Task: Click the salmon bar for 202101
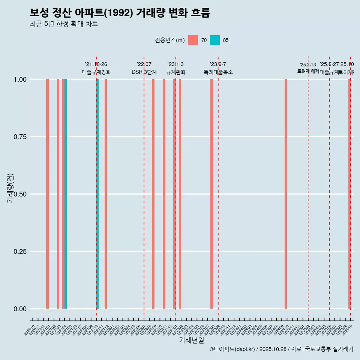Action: (x=47, y=194)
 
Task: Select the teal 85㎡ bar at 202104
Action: (x=66, y=194)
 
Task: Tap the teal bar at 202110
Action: (x=97, y=194)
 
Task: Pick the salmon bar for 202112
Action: (x=106, y=194)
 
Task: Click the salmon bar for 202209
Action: (x=153, y=194)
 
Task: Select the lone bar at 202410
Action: (x=286, y=194)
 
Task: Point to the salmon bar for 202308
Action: (x=211, y=194)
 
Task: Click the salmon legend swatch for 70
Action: (x=193, y=40)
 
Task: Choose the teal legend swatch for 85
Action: (x=215, y=40)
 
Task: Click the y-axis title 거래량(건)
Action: (x=10, y=187)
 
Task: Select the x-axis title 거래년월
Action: (x=191, y=340)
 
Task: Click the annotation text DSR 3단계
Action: (x=144, y=72)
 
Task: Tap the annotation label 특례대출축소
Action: (x=218, y=72)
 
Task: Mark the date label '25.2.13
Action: (x=308, y=65)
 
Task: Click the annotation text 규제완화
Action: (x=176, y=72)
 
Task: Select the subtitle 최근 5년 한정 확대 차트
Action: (x=64, y=24)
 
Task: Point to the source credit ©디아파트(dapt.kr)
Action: (x=232, y=349)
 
